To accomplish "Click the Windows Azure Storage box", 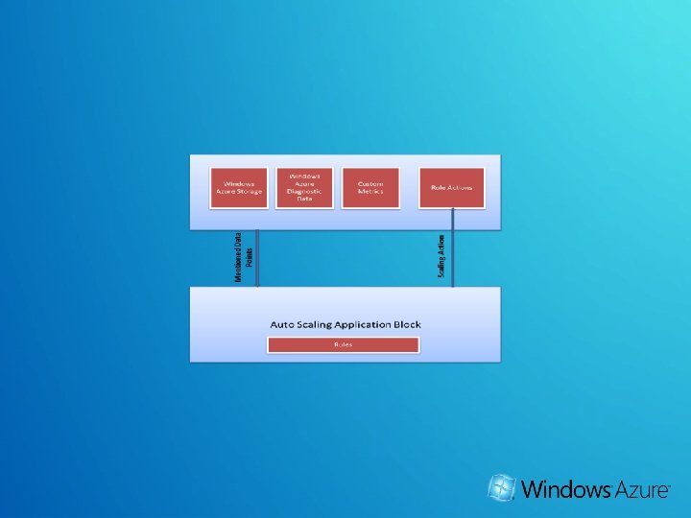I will point(240,187).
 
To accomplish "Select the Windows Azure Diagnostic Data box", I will point(305,188).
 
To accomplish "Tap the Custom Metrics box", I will point(370,187).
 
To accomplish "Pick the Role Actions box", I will point(452,187).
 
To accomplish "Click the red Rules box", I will point(343,344).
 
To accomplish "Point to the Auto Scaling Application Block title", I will point(345,324).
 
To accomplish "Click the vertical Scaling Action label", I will point(441,256).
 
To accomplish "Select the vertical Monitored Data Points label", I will point(244,257).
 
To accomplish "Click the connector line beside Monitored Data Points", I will point(258,257).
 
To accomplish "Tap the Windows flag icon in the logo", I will point(501,488).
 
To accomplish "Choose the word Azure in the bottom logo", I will point(640,489).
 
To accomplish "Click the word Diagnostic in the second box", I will point(305,191).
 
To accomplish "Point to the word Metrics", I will point(370,192).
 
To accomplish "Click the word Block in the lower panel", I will point(407,324).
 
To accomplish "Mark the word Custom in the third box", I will point(370,183).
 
